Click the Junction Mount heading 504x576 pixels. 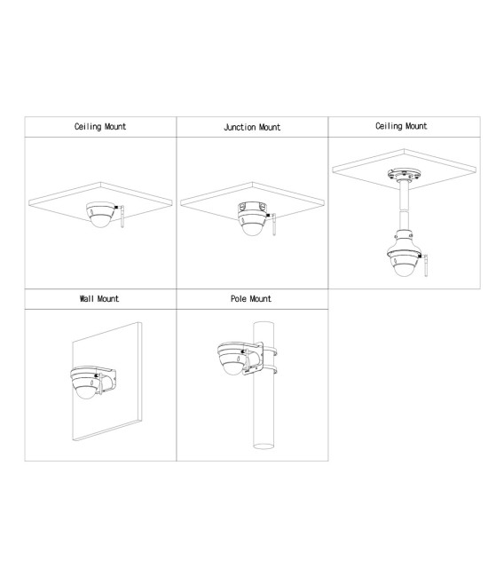pos(252,128)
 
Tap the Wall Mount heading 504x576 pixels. pos(98,299)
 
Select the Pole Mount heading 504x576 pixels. pos(251,299)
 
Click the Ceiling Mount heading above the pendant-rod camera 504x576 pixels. pos(401,127)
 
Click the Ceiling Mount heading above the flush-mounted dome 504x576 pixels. pos(100,127)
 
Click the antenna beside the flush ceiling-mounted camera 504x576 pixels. pos(122,219)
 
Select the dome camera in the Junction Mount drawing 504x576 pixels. pos(253,217)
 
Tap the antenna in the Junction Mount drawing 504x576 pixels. pos(274,223)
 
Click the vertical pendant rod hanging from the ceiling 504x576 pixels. pos(404,206)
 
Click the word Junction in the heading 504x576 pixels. pos(240,128)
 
